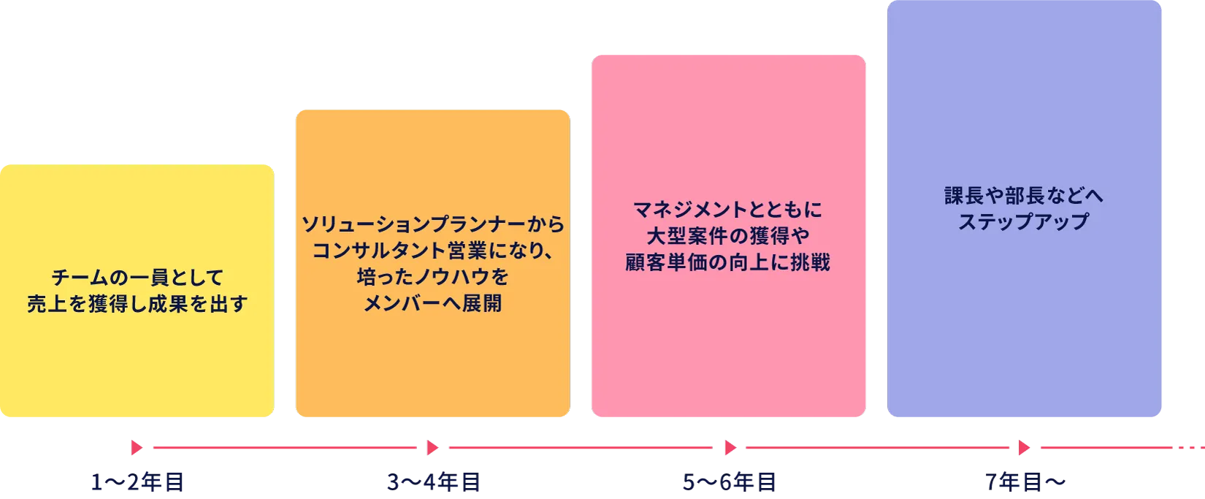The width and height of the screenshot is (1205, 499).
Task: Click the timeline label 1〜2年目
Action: [x=137, y=482]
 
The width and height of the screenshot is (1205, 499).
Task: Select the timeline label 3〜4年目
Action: [x=433, y=482]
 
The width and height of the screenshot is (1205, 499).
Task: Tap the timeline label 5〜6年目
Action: [x=730, y=482]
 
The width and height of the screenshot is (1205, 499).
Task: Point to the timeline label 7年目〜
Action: [x=1026, y=481]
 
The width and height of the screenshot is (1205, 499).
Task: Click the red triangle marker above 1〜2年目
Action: [x=135, y=447]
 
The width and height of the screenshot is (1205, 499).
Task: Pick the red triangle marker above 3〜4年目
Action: [x=432, y=447]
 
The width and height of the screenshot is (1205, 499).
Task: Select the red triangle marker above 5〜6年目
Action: [x=730, y=447]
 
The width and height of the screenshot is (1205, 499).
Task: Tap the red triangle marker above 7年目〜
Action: [x=1022, y=447]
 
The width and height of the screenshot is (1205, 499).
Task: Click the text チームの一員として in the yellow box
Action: [x=137, y=278]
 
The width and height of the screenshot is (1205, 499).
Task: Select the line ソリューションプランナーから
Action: [x=433, y=224]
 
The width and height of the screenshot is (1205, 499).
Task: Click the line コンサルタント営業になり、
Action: [x=433, y=251]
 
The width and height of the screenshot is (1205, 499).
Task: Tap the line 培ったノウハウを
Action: [x=433, y=277]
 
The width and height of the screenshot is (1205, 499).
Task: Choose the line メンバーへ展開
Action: [x=433, y=303]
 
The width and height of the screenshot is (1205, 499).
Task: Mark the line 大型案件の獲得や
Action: [x=728, y=236]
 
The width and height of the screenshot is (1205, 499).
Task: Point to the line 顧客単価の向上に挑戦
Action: [x=728, y=262]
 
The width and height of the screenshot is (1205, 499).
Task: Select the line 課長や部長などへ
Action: [x=1024, y=196]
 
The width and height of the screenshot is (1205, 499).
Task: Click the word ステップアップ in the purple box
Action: [x=1024, y=221]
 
